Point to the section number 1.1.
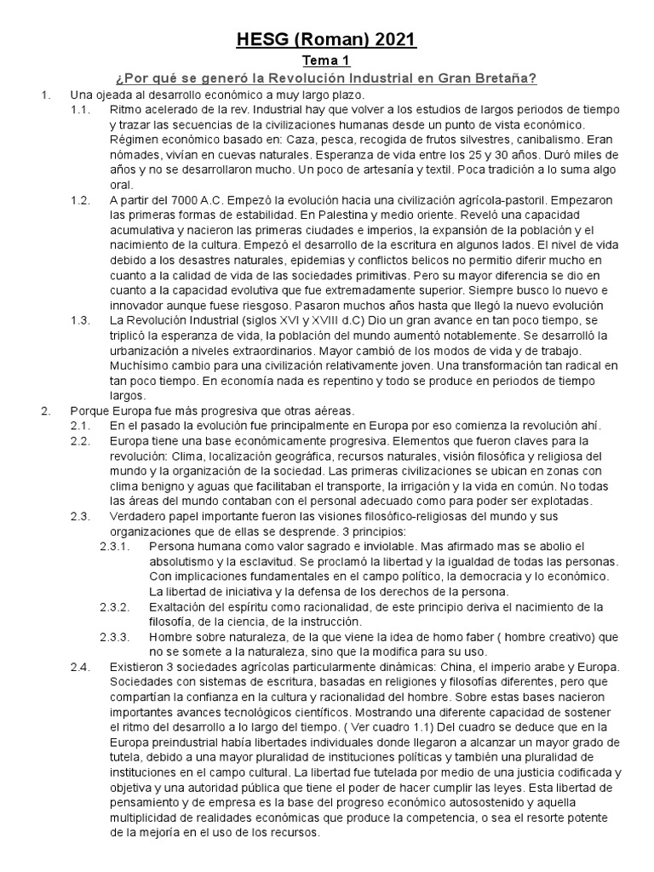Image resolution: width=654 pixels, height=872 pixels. [80, 111]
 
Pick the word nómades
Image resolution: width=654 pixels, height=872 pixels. [135, 155]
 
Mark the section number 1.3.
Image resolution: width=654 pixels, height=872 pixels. [80, 319]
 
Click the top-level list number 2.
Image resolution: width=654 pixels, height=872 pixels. [46, 410]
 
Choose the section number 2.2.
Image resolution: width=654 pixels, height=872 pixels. [80, 441]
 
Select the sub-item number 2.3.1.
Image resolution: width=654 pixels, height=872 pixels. [114, 546]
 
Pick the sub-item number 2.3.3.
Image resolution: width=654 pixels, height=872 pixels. [114, 636]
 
